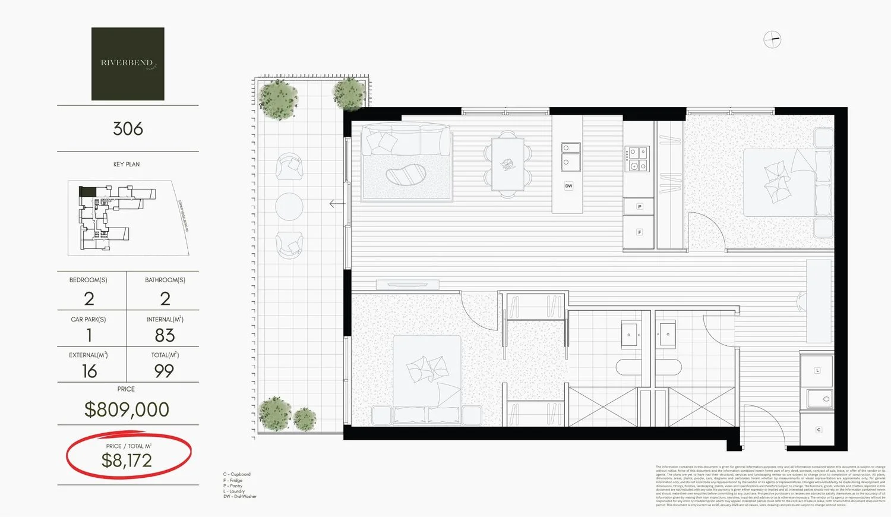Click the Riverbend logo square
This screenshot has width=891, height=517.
[x=128, y=64]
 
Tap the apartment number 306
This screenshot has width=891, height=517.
[x=128, y=128]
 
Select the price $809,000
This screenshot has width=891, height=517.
[x=127, y=409]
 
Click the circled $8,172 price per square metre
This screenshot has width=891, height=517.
[x=127, y=460]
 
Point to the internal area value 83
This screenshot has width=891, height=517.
[x=165, y=335]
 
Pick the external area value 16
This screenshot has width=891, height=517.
[x=89, y=371]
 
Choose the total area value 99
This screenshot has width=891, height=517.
[x=164, y=371]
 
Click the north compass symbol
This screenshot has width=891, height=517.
[x=772, y=40]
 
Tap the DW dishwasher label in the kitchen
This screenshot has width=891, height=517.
[x=568, y=186]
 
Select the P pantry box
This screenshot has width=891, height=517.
[x=639, y=207]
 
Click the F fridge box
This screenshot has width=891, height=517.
[x=639, y=232]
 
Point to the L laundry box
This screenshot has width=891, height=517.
[x=817, y=370]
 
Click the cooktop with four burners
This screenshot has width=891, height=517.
[x=637, y=159]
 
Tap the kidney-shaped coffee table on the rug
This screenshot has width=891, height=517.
[x=406, y=175]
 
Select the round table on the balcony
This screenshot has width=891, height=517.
[x=289, y=206]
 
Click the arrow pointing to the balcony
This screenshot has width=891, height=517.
[x=337, y=204]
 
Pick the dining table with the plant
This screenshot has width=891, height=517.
[x=507, y=165]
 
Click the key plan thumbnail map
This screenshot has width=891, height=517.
[x=128, y=218]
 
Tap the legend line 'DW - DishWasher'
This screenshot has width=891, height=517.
[x=239, y=497]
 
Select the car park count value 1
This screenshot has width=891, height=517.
[x=89, y=335]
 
